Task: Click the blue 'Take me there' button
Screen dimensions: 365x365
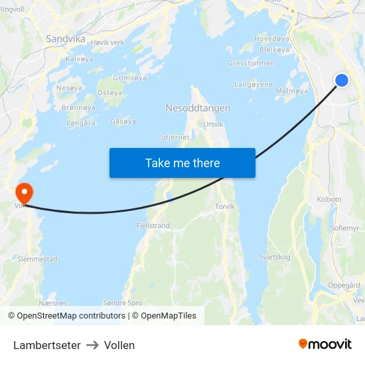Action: click(183, 163)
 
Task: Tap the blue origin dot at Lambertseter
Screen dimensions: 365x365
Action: click(342, 80)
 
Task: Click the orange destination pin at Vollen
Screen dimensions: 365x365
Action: click(25, 193)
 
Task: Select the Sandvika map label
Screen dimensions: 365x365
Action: click(66, 38)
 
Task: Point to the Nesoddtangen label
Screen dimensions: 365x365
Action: click(198, 108)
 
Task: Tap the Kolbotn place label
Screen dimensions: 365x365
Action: click(329, 199)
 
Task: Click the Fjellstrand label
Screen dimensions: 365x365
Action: click(153, 226)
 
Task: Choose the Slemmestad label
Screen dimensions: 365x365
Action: click(38, 259)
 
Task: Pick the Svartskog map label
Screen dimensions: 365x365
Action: click(275, 256)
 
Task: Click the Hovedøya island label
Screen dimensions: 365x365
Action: click(272, 38)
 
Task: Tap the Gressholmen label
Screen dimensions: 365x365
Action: click(251, 64)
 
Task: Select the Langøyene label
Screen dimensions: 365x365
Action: click(254, 85)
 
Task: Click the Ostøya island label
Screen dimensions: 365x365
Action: click(110, 93)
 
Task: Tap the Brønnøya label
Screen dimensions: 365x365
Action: click(78, 107)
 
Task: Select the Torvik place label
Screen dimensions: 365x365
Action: click(225, 206)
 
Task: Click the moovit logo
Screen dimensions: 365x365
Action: click(325, 344)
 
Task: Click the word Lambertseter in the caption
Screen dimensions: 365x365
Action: click(47, 345)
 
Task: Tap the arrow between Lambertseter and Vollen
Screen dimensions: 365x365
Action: click(92, 345)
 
